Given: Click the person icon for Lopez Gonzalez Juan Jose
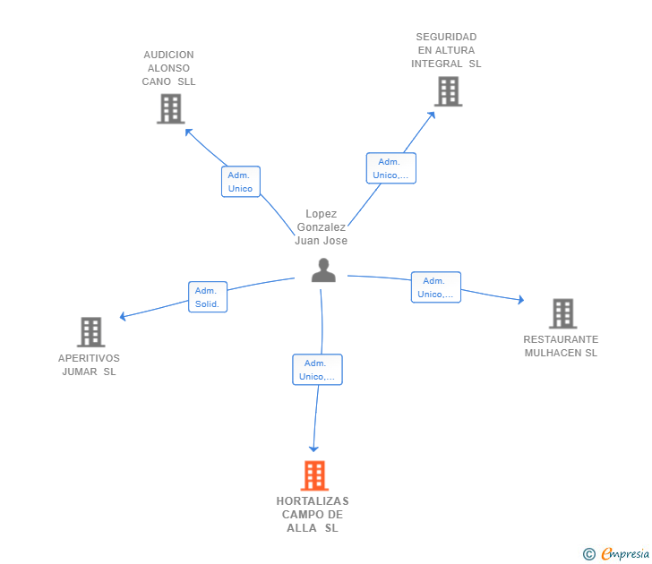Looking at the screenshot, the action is coord(323,270).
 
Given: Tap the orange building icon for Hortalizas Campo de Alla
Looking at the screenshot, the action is coord(314,475).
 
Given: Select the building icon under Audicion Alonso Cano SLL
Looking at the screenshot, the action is coord(171,109).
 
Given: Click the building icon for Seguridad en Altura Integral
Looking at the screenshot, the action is coord(448,91).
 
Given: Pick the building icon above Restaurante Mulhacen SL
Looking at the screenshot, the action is coord(563,313).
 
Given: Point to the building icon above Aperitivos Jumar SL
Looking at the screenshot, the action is coord(91,332).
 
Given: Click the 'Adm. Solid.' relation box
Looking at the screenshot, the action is coord(208,296).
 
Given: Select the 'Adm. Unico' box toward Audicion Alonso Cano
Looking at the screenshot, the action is coord(241,182).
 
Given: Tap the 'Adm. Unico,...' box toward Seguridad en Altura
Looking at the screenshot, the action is coord(390,168).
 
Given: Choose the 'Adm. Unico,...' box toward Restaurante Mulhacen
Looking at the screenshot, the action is coord(436,287).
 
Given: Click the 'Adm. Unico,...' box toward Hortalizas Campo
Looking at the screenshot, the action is coord(317,370).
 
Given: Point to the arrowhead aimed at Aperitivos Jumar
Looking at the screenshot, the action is coord(123,317).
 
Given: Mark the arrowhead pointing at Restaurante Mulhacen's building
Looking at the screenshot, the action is coord(521,300).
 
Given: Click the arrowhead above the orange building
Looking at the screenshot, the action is coord(314,449).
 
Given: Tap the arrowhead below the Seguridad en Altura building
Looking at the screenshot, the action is coord(432,115).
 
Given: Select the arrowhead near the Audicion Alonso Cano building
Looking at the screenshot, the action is coord(188,132).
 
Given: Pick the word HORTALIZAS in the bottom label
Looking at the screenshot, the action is coord(313,501).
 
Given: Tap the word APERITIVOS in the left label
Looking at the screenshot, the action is coord(89,358).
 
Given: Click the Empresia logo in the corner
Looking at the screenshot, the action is coord(616,553).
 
